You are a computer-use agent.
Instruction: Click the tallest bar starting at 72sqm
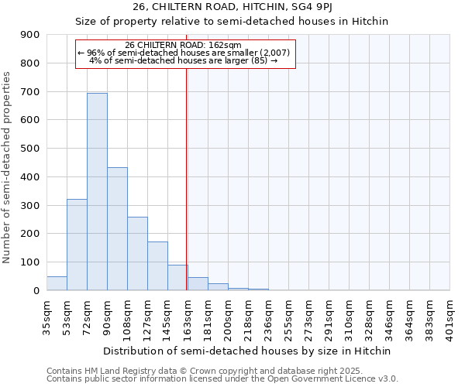click(97, 192)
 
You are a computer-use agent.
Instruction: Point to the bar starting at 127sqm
click(157, 266)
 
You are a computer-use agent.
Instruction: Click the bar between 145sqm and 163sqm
click(177, 278)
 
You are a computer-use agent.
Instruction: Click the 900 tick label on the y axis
click(30, 35)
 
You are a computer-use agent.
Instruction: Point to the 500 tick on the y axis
click(30, 149)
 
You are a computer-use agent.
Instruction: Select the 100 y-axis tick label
click(30, 262)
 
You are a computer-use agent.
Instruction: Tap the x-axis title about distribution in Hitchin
click(248, 351)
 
